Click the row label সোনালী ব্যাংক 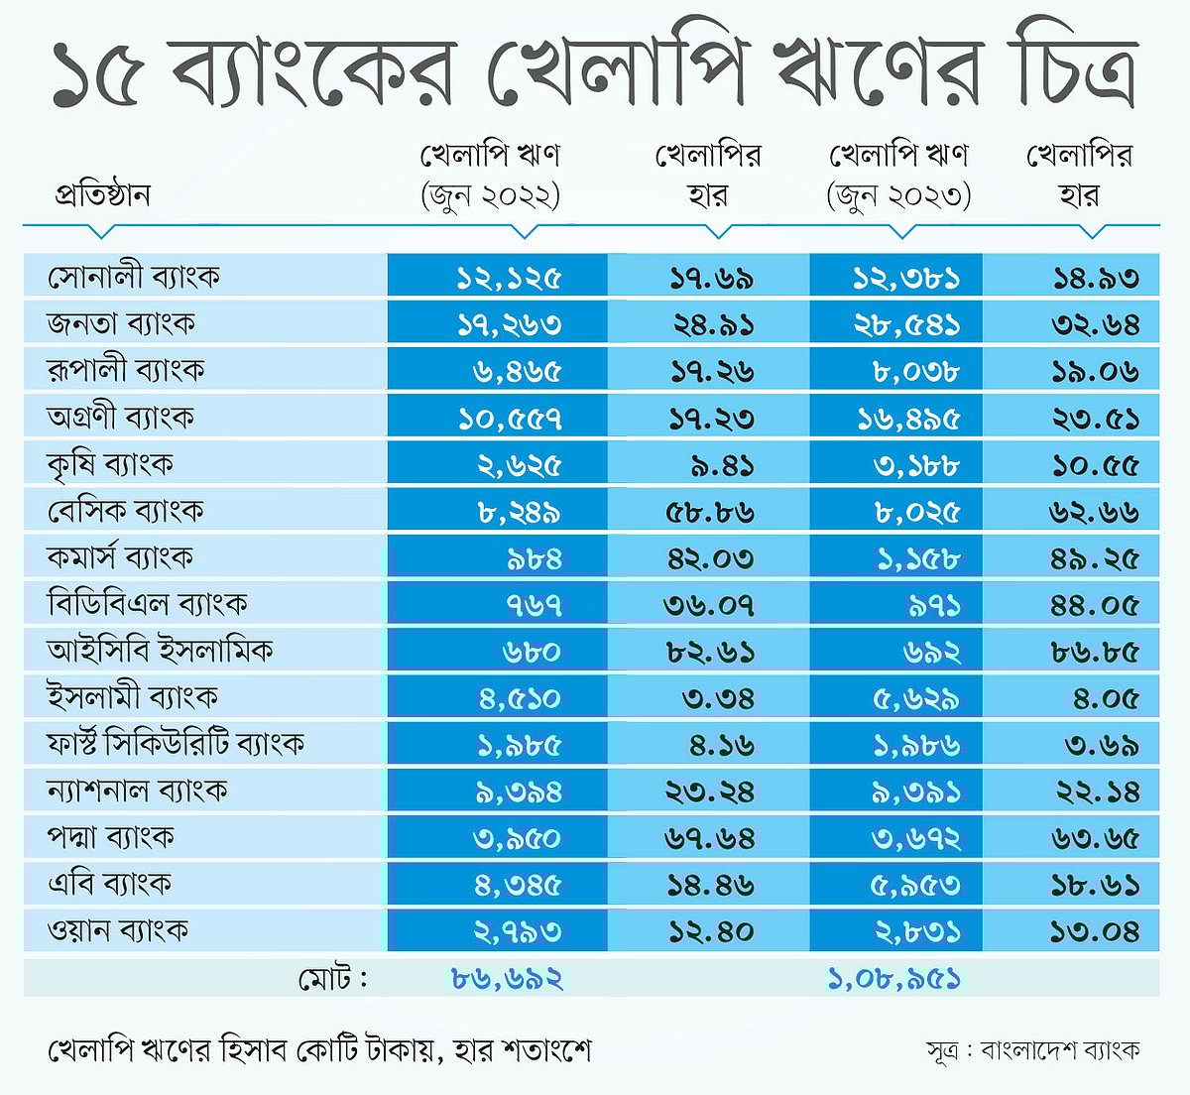134,277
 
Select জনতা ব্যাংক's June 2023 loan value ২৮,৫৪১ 906,324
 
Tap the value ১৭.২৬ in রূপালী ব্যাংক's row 711,371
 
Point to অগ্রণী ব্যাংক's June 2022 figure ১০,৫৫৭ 510,419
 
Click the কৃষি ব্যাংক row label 110,464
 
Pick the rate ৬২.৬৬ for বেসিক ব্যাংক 1094,512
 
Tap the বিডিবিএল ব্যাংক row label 147,604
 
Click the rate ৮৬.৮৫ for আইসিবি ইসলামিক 1094,652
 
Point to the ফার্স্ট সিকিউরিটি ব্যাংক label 176,744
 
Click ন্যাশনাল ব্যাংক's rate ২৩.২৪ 710,791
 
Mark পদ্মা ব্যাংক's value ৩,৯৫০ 517,838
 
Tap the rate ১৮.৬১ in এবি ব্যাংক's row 1095,885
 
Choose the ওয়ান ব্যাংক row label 118,931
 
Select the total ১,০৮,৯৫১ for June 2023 893,979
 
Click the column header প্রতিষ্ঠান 102,194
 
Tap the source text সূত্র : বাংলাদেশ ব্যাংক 1032,1049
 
